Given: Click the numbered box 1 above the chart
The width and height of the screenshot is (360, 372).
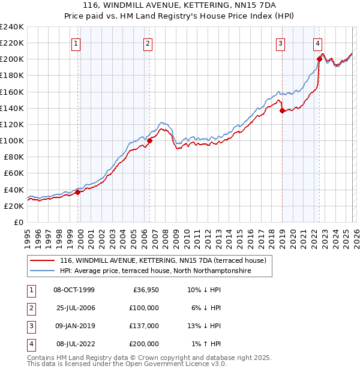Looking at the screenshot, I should (77, 43).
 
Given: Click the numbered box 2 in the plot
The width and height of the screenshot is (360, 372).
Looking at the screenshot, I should (148, 43).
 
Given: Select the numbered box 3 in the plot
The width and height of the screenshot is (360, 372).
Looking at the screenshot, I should (280, 43).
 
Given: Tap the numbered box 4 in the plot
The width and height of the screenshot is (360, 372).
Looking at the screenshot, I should (317, 43).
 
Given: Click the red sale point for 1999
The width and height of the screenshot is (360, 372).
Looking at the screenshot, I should (77, 192).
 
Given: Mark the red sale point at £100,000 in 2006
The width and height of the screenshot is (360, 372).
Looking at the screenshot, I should (149, 140).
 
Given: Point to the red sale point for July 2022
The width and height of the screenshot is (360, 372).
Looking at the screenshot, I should (319, 59).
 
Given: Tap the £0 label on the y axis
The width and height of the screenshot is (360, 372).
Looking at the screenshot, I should (18, 222).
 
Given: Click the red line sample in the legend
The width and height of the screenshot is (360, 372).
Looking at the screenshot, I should (43, 261).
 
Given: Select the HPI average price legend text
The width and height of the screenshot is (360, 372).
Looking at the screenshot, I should (155, 271).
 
